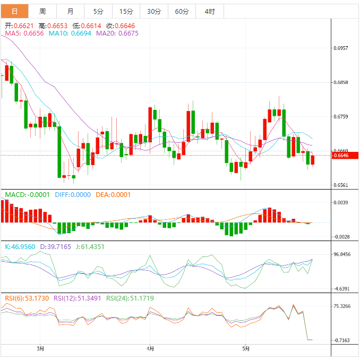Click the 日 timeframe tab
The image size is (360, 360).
14,11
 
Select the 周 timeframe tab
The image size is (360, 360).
42,11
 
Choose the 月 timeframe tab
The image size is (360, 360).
71,11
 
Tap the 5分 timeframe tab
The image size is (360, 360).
98,11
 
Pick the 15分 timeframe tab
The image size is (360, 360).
126,11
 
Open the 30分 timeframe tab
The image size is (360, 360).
154,11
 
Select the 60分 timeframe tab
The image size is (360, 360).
182,11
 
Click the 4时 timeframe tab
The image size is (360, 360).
209,11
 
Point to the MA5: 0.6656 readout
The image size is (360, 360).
24,33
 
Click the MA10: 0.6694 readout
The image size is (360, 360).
70,33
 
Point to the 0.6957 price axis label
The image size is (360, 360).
341,48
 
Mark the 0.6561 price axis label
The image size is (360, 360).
341,185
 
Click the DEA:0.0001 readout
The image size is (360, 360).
113,195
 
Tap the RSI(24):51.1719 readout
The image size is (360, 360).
130,298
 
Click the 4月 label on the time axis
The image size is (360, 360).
150,349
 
